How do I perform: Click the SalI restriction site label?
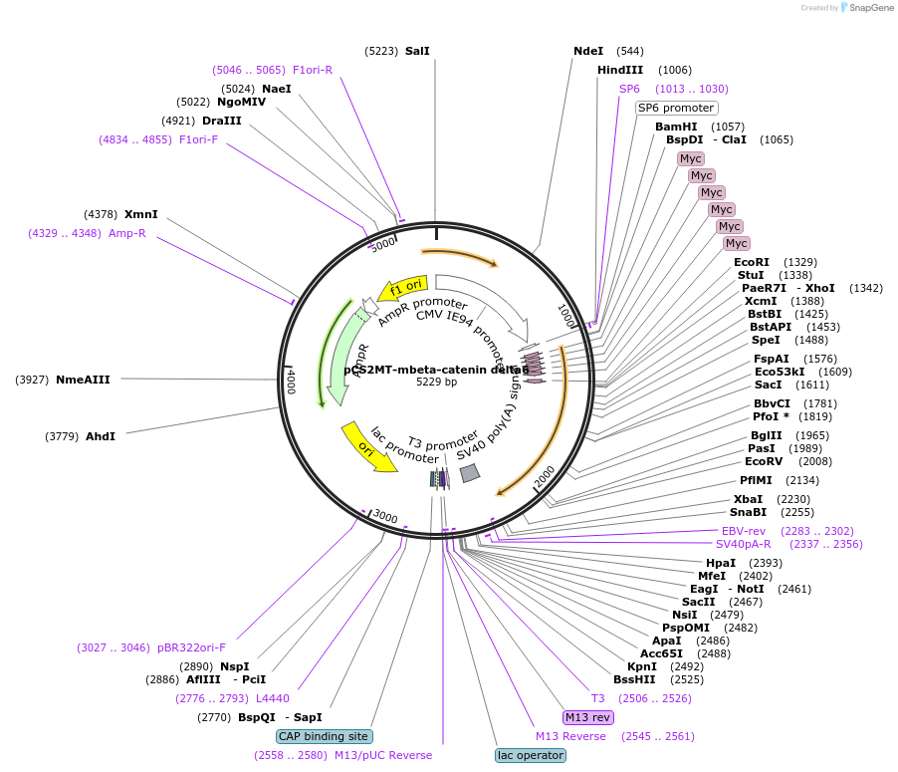coord(417,51)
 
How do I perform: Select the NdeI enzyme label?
coord(588,51)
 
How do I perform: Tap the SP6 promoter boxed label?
coord(676,108)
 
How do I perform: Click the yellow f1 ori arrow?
coord(404,288)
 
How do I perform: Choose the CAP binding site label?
coord(324,736)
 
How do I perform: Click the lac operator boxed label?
coord(531,755)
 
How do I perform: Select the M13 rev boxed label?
coord(587,717)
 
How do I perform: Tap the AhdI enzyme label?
coord(101,436)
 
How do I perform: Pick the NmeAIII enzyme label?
coord(83,380)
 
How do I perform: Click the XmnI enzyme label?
coord(141,214)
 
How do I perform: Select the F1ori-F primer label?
coord(198,139)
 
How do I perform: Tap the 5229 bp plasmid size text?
coord(436,382)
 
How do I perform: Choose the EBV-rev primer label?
coord(744,531)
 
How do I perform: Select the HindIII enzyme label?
coord(620,70)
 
